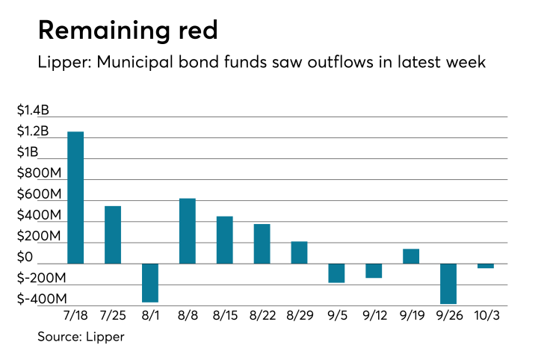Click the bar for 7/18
coord(75,198)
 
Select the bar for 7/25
coord(113,235)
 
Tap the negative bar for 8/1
coord(150,282)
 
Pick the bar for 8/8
coord(188,231)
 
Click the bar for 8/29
coord(299,252)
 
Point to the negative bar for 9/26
coord(448,283)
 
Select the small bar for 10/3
coord(486,266)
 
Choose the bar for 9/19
coord(411,256)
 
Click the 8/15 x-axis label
coord(225,317)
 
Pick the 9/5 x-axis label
coord(336,317)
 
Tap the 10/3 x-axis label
coord(486,317)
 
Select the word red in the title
coord(199,31)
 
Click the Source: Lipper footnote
coord(81,337)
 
